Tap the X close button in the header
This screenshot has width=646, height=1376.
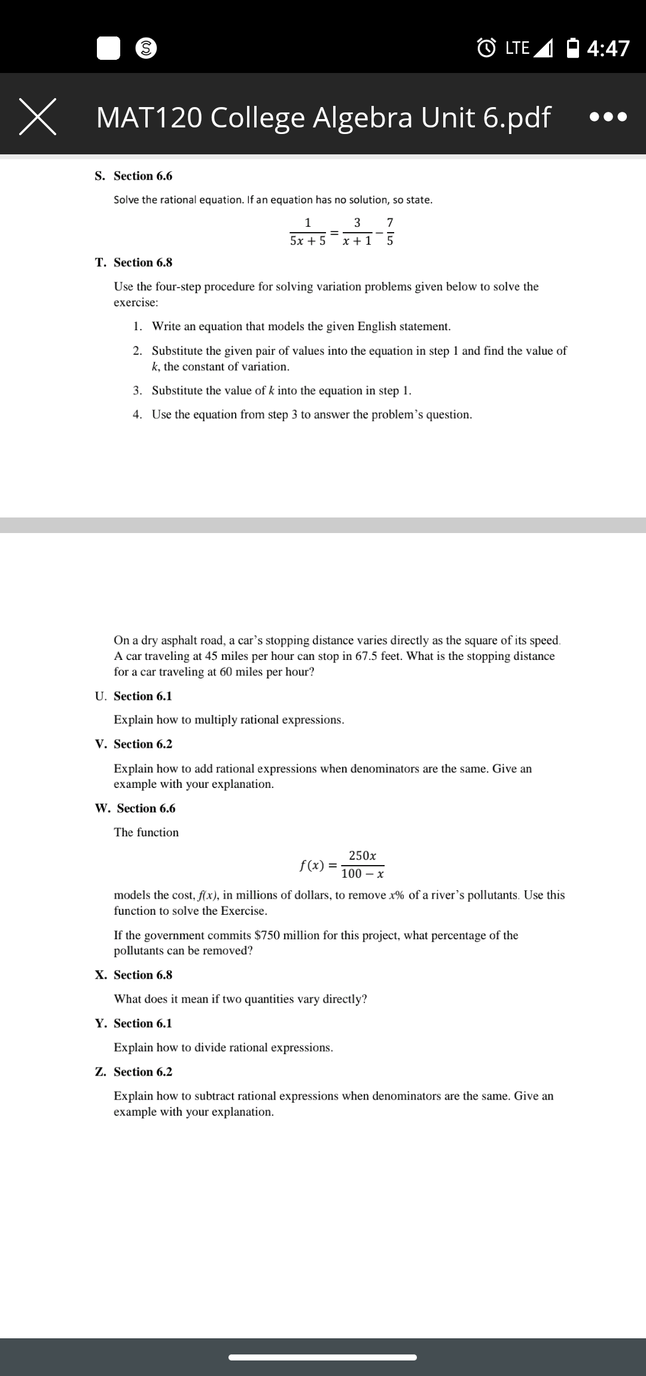coord(38,117)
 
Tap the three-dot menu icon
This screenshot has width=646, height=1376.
coord(608,117)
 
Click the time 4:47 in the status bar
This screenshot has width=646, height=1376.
coord(608,48)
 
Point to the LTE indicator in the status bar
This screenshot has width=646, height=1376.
coord(517,48)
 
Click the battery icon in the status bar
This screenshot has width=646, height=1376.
coord(572,47)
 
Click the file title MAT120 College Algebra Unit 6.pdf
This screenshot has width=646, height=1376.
coord(322,117)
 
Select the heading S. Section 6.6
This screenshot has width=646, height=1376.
coord(133,176)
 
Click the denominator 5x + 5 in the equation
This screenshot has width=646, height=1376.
coord(307,241)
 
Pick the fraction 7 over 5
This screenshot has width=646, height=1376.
coord(390,232)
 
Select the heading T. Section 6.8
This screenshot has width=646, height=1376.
coord(133,263)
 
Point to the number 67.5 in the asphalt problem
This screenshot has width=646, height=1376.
coord(366,656)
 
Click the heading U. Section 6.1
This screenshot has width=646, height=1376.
coord(133,696)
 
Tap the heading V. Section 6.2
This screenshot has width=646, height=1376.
coord(133,744)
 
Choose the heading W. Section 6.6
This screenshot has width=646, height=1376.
coord(135,809)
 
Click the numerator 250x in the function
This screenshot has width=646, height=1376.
coord(362,856)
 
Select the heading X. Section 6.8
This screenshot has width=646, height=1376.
coord(133,975)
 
